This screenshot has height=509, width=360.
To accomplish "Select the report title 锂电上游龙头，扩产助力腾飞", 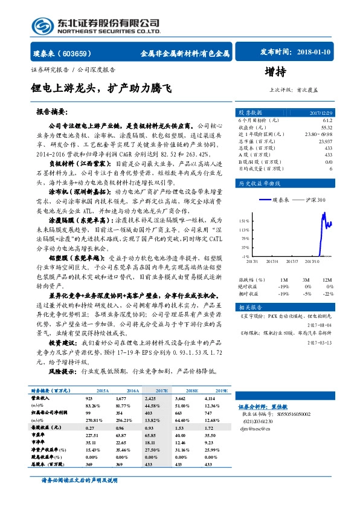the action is pyautogui.click(x=101, y=89).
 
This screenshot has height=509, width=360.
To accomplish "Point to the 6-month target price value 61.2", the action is pyautogui.click(x=327, y=121).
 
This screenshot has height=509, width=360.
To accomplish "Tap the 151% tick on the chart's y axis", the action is pyautogui.click(x=243, y=220).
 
